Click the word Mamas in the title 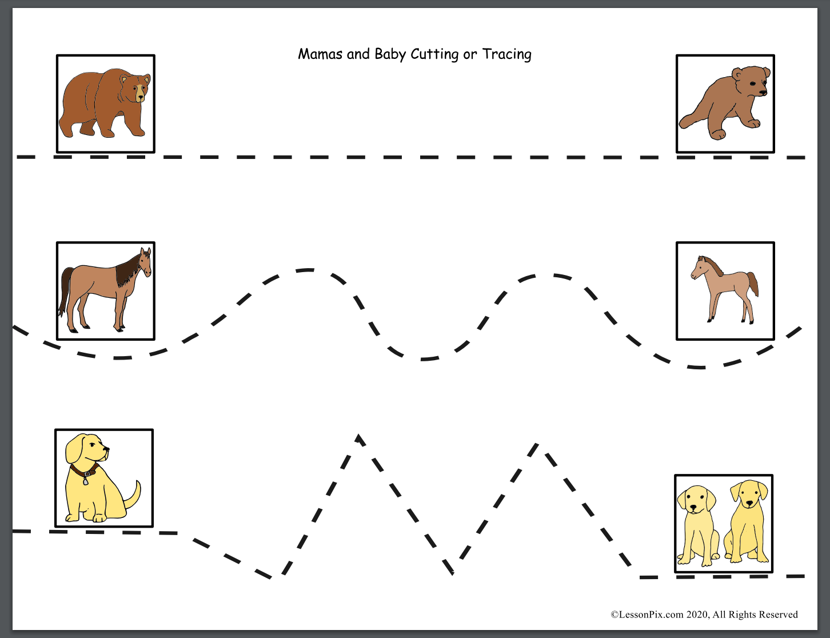pos(320,54)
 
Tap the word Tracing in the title pos(507,55)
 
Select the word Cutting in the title pos(434,55)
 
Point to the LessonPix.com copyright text pos(704,615)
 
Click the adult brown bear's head pos(135,88)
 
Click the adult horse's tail pos(65,291)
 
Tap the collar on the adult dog pos(84,472)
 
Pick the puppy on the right pos(747,521)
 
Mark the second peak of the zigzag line pos(537,444)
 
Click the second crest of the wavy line pos(544,274)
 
